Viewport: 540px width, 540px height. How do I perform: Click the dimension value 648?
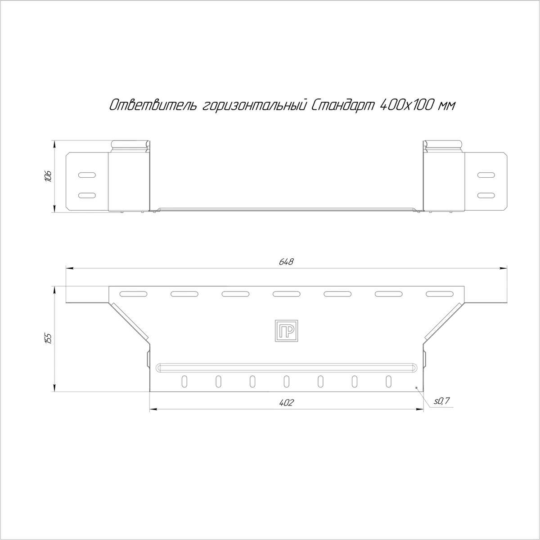pyautogui.click(x=286, y=262)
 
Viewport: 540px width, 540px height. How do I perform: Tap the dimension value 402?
pyautogui.click(x=286, y=403)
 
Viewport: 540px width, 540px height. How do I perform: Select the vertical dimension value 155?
pyautogui.click(x=48, y=338)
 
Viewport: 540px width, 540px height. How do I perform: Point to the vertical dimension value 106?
pyautogui.click(x=48, y=176)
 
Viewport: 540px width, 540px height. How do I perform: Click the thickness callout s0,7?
pyautogui.click(x=441, y=401)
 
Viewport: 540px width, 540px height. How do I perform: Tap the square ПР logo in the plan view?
pyautogui.click(x=286, y=331)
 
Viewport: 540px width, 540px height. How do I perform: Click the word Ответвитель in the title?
pyautogui.click(x=153, y=105)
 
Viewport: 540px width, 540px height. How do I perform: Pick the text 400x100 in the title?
pyautogui.click(x=406, y=105)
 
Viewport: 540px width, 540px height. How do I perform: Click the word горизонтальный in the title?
pyautogui.click(x=254, y=106)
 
